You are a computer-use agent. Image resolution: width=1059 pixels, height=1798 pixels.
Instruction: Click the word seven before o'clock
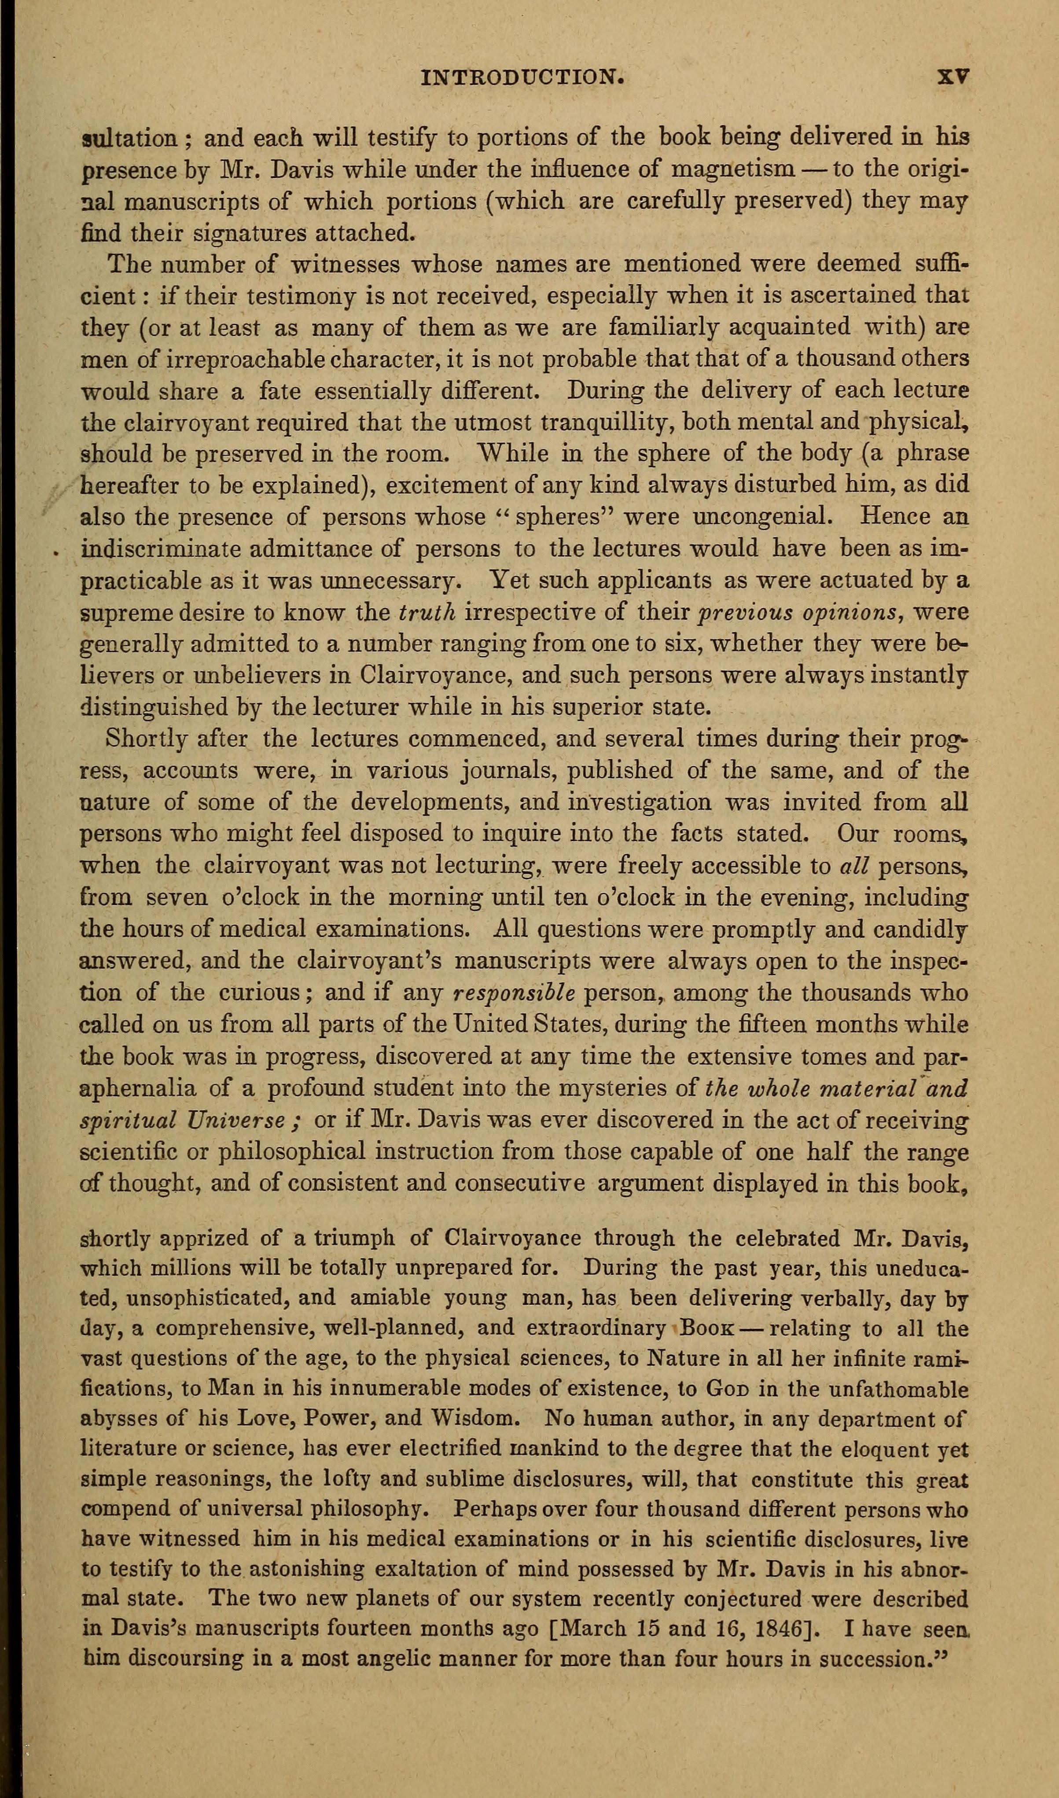click(178, 897)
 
